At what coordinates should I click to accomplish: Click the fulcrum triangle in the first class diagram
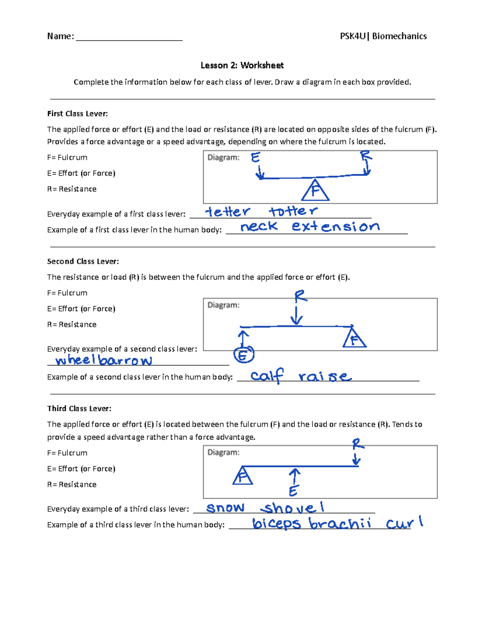point(315,191)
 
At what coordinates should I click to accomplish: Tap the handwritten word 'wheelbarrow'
point(104,360)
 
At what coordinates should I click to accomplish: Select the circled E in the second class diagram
point(243,355)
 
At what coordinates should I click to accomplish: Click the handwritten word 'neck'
point(259,226)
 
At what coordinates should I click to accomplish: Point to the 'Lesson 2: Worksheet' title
point(242,65)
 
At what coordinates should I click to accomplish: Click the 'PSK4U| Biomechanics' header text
point(383,36)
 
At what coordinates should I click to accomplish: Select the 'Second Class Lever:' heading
point(83,262)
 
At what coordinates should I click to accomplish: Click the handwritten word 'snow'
point(225,508)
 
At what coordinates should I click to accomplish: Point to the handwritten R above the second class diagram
point(300,296)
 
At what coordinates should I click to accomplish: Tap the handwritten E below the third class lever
point(293,491)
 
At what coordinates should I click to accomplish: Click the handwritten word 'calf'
point(267,376)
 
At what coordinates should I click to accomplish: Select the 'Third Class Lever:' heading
point(79,409)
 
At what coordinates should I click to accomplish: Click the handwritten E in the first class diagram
point(255,157)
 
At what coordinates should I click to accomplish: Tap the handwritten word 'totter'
point(293,211)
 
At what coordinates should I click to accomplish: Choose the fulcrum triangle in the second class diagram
point(354,338)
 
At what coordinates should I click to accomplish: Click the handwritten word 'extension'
point(336,226)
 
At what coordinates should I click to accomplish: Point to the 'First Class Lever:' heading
point(78,114)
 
